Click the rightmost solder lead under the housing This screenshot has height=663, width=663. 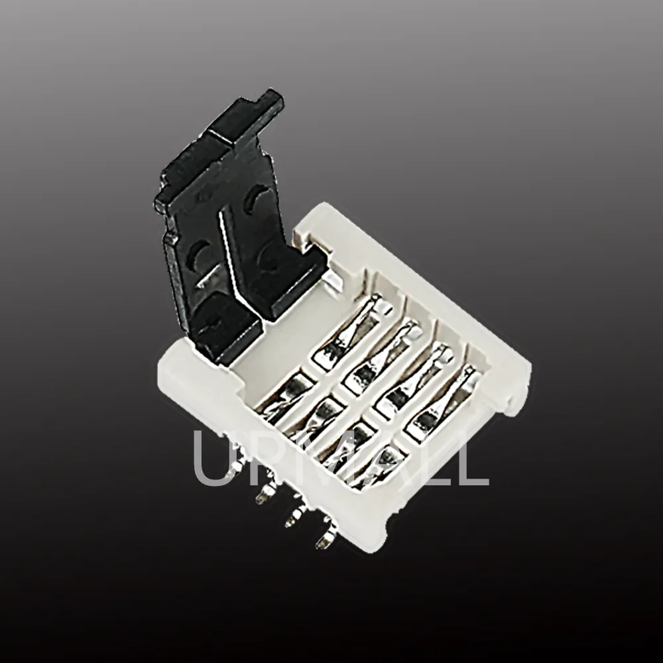coord(324,540)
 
